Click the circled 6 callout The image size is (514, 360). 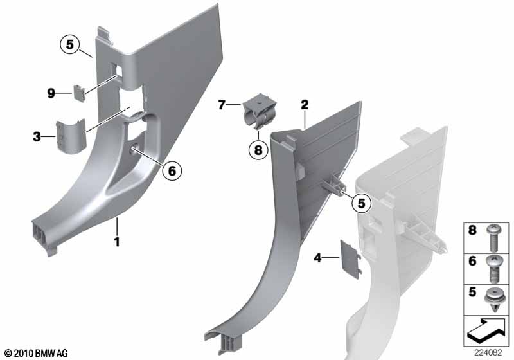click(x=172, y=170)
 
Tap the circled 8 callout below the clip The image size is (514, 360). click(x=258, y=150)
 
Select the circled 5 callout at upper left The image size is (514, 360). click(x=70, y=44)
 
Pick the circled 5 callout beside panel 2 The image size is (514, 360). click(x=361, y=203)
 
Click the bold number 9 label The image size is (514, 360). click(x=51, y=93)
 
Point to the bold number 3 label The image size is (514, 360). click(x=37, y=136)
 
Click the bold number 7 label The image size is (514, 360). click(x=222, y=105)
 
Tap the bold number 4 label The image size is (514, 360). click(x=317, y=258)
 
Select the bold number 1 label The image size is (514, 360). click(x=116, y=242)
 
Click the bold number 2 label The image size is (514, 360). click(x=305, y=105)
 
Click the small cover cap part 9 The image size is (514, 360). click(x=79, y=93)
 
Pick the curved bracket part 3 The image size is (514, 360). click(x=71, y=136)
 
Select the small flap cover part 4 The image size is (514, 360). click(x=351, y=259)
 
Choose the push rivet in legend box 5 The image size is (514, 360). click(x=493, y=300)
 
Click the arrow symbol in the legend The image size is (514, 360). click(x=487, y=330)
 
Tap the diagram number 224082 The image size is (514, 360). click(x=488, y=353)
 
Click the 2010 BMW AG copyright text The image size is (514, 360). click(x=37, y=353)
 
